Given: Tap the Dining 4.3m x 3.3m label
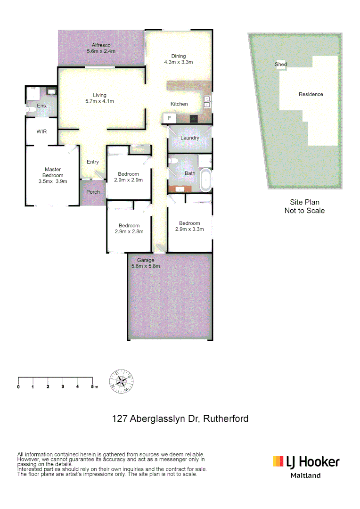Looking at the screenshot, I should point(178,59).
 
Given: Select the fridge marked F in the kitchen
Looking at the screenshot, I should point(169,117).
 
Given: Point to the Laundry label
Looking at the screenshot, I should point(190,138).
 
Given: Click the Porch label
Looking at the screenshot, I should point(93,192).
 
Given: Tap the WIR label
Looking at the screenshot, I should point(42,131).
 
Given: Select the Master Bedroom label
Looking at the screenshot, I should point(53,175).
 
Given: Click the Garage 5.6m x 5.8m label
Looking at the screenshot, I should point(146,263).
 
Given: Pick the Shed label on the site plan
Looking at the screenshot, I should point(281,65).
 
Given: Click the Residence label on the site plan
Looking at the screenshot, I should point(311,94).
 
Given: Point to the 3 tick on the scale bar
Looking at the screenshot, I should point(63,386).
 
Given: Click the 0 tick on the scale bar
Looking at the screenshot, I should point(18,386).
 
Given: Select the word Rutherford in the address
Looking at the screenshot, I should point(226,419).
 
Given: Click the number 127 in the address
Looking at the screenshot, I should point(119,419).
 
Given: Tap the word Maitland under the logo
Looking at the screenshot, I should point(305,476).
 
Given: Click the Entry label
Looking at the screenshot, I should point(93,162).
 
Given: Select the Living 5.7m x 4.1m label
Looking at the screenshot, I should point(99,98).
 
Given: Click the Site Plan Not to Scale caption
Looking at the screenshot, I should point(304,207).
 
